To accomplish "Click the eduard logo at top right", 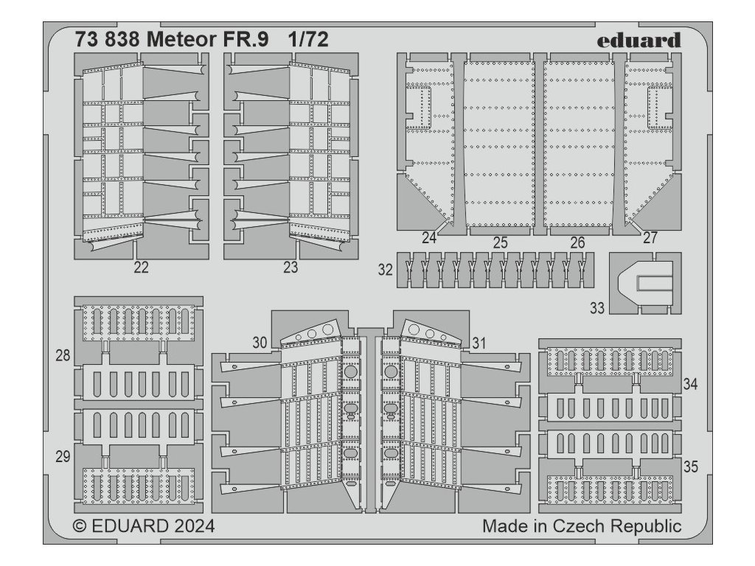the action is [x=639, y=41].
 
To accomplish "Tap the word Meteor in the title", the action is [x=181, y=40].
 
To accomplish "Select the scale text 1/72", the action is [x=309, y=40].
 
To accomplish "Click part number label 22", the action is [x=141, y=267].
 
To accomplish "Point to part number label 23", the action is [x=290, y=267].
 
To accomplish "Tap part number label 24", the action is [x=428, y=238].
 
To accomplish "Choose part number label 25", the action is [x=501, y=243].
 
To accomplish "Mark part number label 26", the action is [x=577, y=243].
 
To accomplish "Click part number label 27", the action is [x=650, y=238].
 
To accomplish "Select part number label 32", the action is [x=385, y=270].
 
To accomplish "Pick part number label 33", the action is [x=597, y=308].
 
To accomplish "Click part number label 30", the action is [x=260, y=343].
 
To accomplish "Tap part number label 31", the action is [x=479, y=343].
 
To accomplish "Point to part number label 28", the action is [x=63, y=356].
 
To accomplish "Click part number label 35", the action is [x=690, y=467].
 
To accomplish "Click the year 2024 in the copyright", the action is [x=195, y=525].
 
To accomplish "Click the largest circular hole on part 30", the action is [x=328, y=329].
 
